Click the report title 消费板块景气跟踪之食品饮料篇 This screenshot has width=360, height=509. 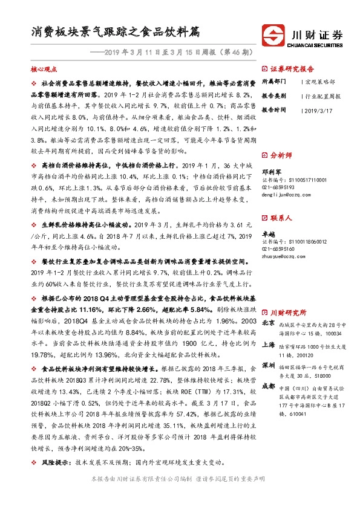116,33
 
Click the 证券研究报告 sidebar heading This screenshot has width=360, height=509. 292,69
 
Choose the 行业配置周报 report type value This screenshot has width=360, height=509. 321,96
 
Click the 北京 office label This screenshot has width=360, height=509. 267,323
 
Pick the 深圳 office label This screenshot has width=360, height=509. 267,366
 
